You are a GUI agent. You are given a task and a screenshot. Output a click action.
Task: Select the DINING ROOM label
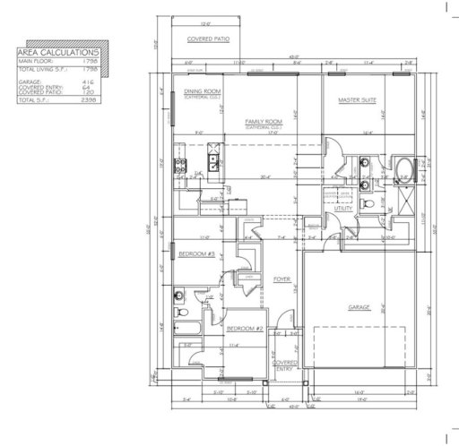tap(202, 91)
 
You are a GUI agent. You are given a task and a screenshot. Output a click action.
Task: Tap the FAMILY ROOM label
tap(264, 120)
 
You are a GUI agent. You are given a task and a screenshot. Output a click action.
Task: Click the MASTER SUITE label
tap(355, 101)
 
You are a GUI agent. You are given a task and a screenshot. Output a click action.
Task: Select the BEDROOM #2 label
tap(243, 328)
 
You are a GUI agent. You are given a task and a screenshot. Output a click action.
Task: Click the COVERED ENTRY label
tap(284, 365)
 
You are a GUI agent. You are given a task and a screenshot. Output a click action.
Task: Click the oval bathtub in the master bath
tap(401, 167)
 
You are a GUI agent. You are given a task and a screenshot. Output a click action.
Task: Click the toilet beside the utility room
tap(368, 205)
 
